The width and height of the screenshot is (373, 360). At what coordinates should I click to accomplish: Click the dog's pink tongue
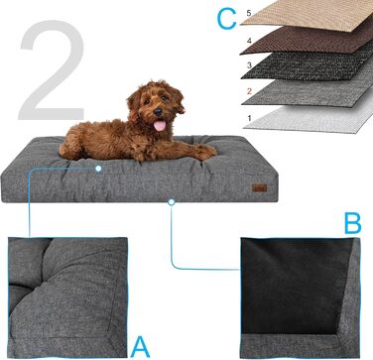160,125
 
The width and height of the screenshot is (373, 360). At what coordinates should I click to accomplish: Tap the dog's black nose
158,112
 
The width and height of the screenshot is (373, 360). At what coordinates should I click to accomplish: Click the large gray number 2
52,70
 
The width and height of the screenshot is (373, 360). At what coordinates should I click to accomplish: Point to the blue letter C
226,19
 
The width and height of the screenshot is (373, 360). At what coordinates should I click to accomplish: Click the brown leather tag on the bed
259,187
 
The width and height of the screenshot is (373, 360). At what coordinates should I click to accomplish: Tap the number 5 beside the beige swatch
249,13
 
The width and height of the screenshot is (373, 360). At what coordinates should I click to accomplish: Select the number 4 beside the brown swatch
249,42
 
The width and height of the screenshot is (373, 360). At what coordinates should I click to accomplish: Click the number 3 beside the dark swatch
249,65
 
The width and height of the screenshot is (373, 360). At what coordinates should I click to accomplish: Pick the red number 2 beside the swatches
249,91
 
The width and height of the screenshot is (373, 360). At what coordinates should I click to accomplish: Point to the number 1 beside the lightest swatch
249,118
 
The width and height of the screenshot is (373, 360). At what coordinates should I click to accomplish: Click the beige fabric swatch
308,15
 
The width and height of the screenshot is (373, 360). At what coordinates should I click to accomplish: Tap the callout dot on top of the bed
98,169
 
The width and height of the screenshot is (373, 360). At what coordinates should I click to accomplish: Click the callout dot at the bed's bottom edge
171,202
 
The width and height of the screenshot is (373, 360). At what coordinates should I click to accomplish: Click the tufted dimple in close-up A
33,287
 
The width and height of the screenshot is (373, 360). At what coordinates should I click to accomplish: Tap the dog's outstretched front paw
205,152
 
